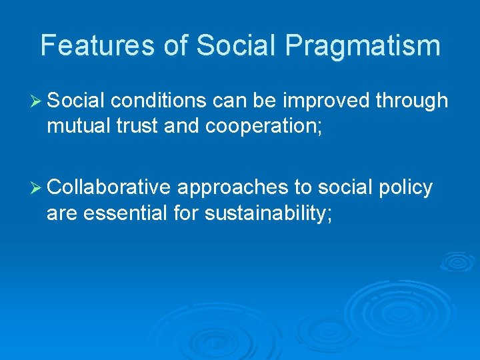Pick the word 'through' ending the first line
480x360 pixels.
[x=411, y=101]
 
